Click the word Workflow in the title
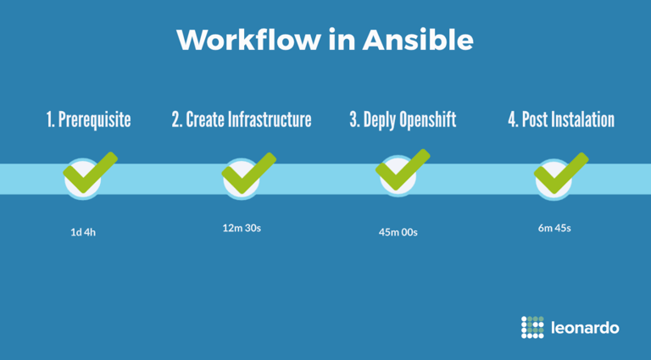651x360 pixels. click(248, 40)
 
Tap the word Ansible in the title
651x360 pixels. click(418, 40)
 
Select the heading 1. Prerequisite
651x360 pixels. click(88, 120)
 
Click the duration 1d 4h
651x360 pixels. click(83, 232)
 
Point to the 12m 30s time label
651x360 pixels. click(242, 228)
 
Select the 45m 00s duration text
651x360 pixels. click(398, 232)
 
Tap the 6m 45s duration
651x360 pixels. click(554, 228)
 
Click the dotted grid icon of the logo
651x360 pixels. click(532, 327)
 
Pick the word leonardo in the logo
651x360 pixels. click(585, 328)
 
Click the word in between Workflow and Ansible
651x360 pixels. click(342, 40)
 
